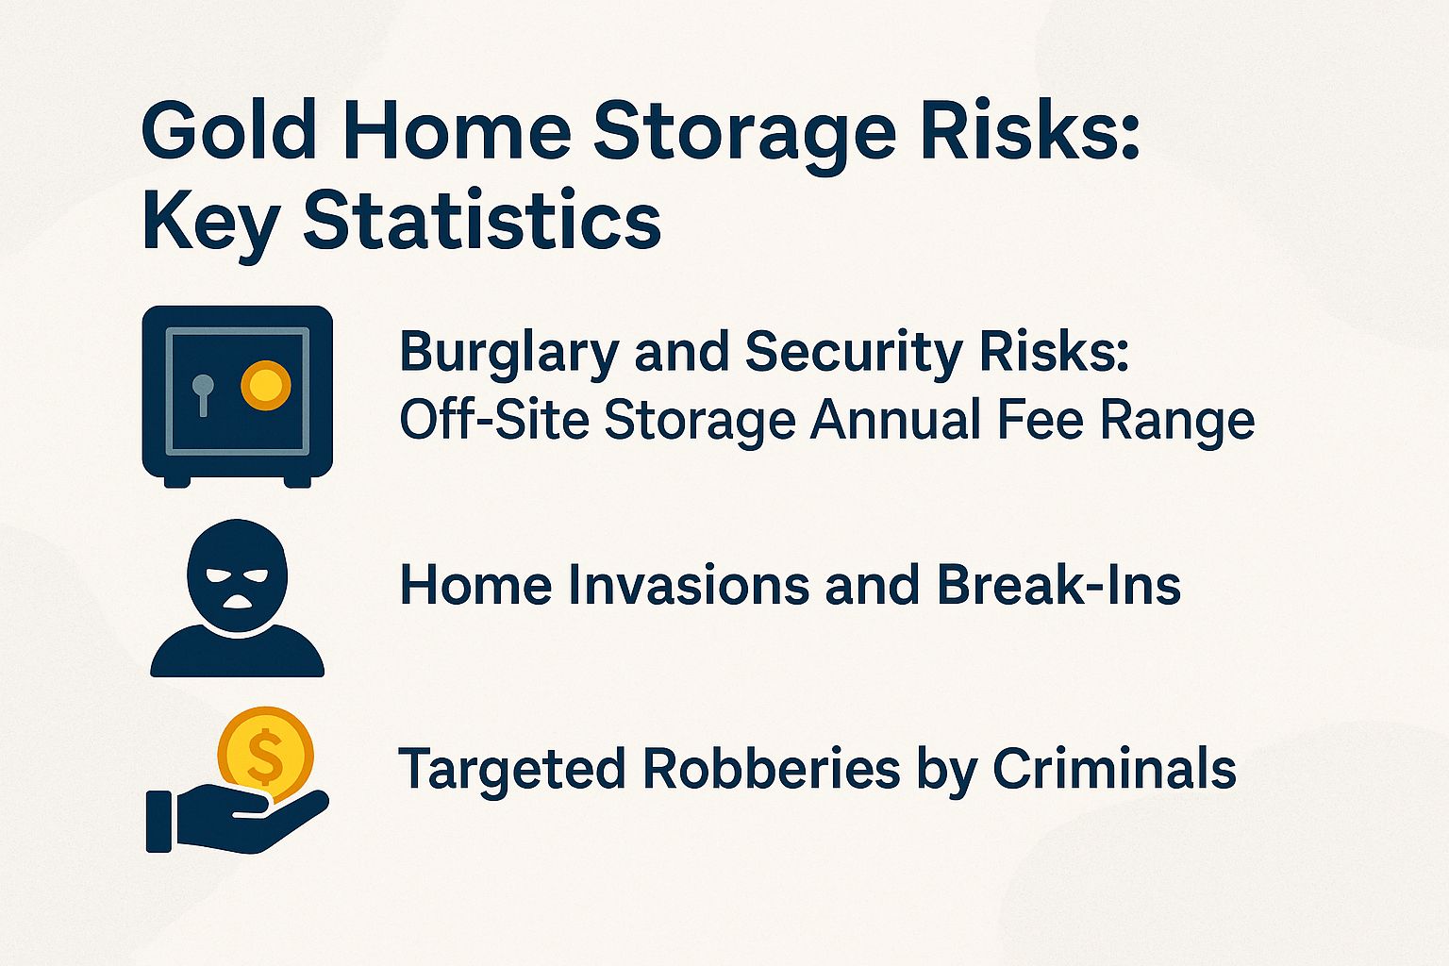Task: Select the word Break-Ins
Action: pos(1058,585)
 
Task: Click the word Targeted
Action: pos(513,769)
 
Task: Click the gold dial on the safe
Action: pos(265,385)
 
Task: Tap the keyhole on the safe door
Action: pos(203,391)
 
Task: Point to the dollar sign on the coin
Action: pos(265,754)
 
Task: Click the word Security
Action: pos(853,353)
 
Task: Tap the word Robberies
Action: pos(771,769)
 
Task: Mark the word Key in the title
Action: pos(209,222)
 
